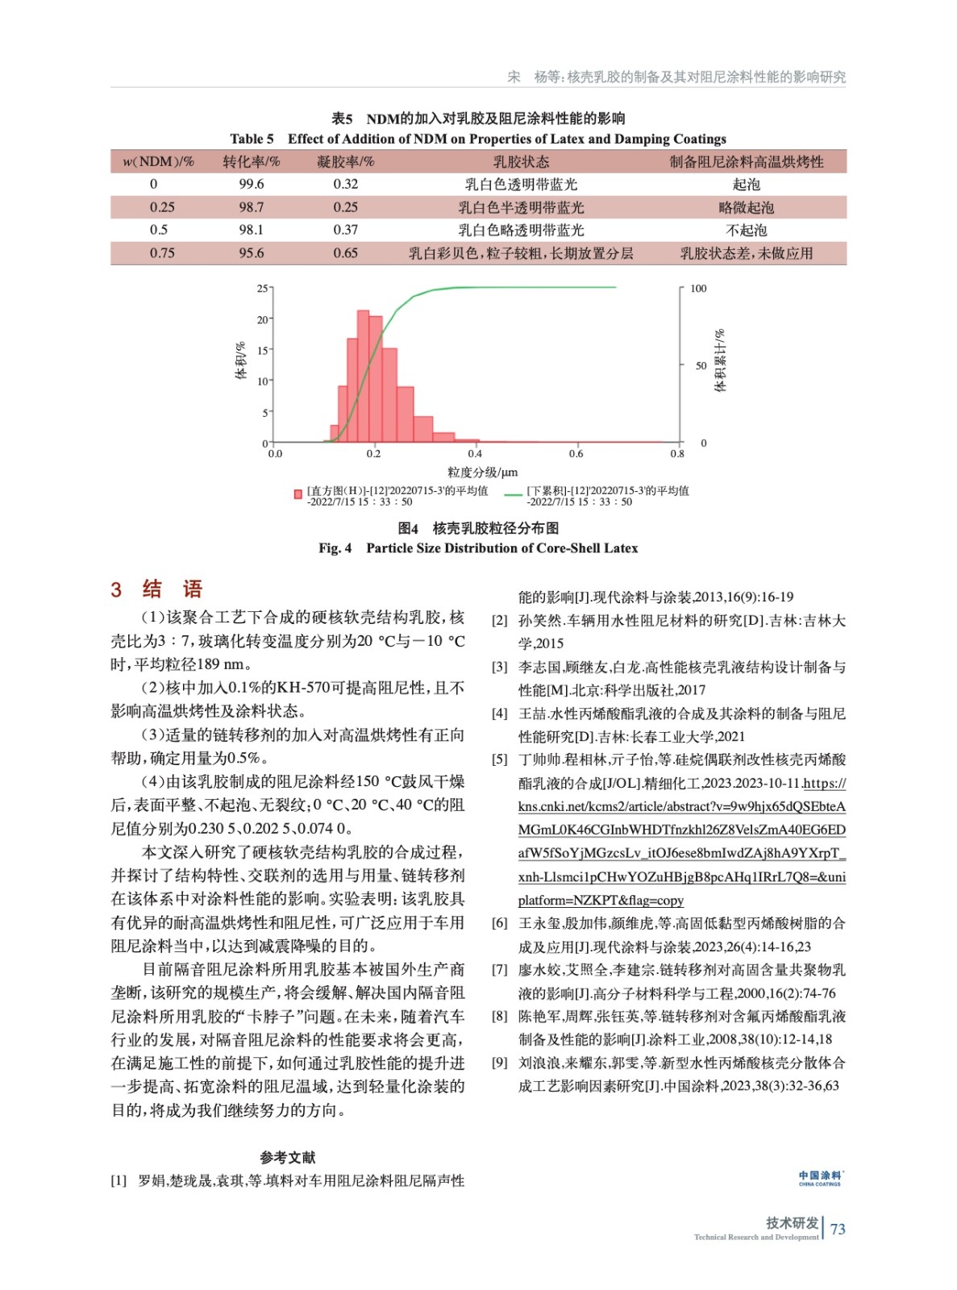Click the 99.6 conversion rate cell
tap(251, 184)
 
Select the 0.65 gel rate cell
tap(345, 253)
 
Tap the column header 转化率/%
tap(251, 161)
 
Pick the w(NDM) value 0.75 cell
tap(162, 253)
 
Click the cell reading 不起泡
tap(746, 230)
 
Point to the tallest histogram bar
tap(363, 375)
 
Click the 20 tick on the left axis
tap(263, 319)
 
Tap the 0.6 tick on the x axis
tap(576, 454)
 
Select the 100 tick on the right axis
tap(698, 289)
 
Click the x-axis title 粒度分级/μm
tap(482, 472)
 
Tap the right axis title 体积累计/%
tap(720, 360)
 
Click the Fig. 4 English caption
tap(478, 548)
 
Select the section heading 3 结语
tap(156, 589)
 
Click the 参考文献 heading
tap(287, 1157)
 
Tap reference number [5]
tap(500, 759)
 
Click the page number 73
tap(838, 1229)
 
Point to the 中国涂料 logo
tap(820, 1178)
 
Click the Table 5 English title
tap(478, 139)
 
